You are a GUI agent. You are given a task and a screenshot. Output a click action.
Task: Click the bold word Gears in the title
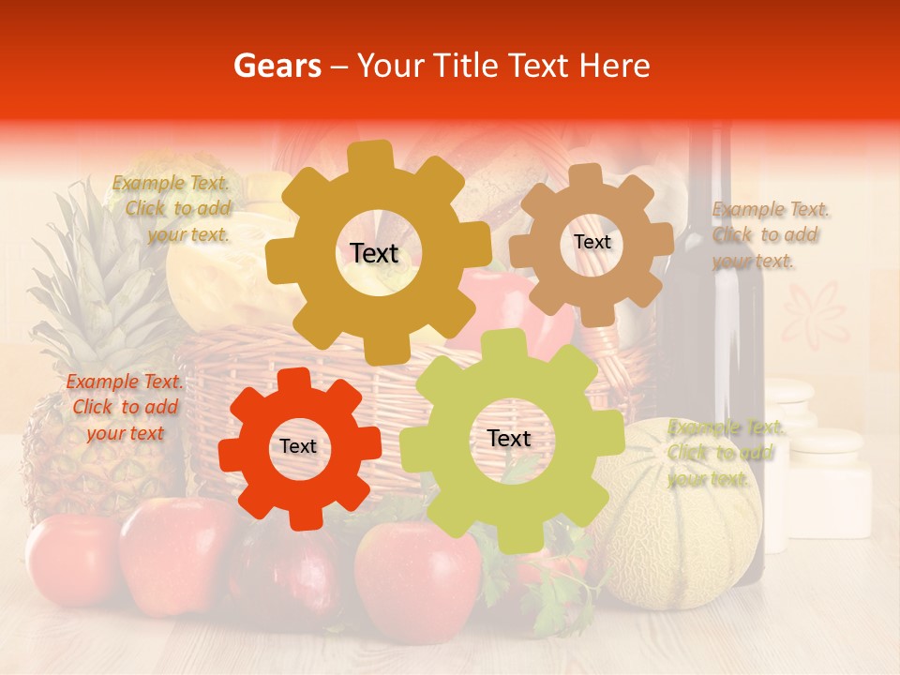(277, 66)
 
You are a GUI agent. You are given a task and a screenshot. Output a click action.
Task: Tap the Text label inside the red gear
(298, 447)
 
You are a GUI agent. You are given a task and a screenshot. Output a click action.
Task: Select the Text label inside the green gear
(509, 439)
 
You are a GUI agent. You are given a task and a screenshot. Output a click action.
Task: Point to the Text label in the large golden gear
(374, 253)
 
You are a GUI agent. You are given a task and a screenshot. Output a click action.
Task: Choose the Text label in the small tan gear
(592, 242)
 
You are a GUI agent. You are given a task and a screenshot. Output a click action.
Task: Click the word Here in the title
(615, 66)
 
